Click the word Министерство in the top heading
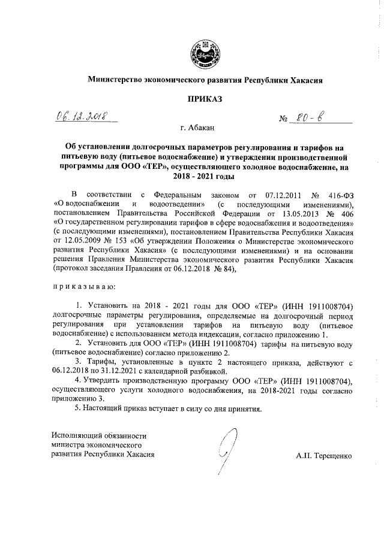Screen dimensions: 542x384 [117, 79]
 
